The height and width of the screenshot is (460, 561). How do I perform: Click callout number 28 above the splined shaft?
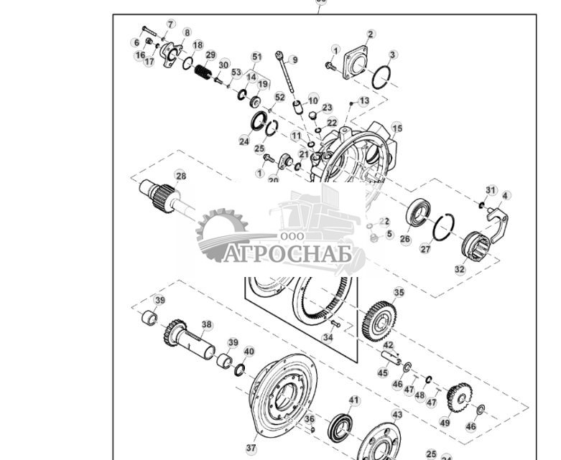(x=181, y=176)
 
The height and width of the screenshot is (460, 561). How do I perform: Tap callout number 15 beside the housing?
(x=397, y=128)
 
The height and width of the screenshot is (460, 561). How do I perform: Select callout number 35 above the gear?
(x=399, y=293)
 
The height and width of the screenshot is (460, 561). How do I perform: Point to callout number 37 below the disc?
(x=251, y=449)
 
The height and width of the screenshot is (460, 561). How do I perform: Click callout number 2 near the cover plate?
(x=371, y=34)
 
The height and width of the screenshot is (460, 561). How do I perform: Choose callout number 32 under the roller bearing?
(x=460, y=270)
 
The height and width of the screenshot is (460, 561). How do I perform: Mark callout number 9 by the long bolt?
(x=295, y=60)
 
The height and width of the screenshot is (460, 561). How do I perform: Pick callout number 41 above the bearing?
(x=353, y=400)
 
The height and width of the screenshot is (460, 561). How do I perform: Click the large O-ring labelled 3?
(x=381, y=77)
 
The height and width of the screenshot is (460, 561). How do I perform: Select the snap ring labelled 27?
(x=442, y=228)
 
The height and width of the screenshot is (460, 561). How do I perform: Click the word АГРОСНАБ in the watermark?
(x=287, y=254)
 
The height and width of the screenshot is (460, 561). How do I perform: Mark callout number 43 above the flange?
(x=397, y=415)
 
